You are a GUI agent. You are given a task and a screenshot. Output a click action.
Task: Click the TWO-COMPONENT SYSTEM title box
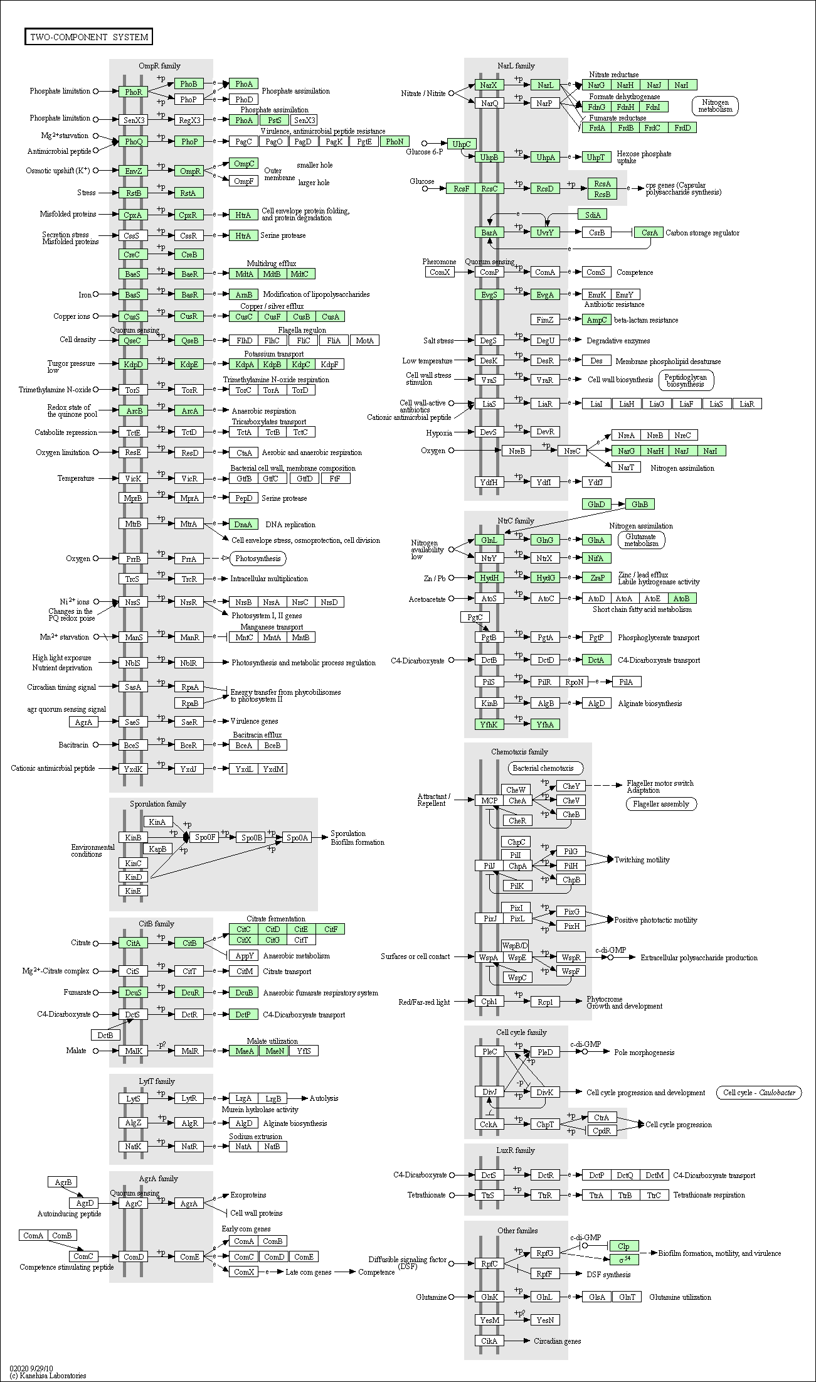[89, 37]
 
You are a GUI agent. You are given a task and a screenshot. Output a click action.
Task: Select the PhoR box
[133, 92]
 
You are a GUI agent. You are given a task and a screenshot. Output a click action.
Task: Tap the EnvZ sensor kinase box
[133, 171]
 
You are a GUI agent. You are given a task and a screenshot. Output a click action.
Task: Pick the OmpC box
[243, 164]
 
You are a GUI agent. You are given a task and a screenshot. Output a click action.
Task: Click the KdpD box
[133, 364]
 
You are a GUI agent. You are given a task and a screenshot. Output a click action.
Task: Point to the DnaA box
[243, 524]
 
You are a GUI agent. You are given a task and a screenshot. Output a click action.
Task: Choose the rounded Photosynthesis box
[258, 558]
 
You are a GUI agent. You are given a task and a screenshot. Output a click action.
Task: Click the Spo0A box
[297, 837]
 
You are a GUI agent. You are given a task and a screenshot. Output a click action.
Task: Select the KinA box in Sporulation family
[157, 822]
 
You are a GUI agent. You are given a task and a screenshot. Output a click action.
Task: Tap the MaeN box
[274, 1051]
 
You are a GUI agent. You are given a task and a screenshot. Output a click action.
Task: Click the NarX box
[489, 85]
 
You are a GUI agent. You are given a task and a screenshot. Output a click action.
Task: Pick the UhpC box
[462, 144]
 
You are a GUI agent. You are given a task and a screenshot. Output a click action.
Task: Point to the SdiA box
[592, 215]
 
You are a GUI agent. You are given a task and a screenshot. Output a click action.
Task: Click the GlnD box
[596, 504]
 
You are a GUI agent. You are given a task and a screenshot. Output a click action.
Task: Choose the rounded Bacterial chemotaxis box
[543, 768]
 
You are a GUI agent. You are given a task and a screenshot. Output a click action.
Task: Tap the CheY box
[571, 786]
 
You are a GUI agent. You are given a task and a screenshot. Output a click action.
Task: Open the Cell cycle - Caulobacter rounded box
[759, 1092]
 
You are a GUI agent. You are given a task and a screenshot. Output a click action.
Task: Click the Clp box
[623, 1246]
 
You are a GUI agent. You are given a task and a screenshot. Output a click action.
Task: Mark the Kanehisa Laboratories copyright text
[48, 1375]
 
